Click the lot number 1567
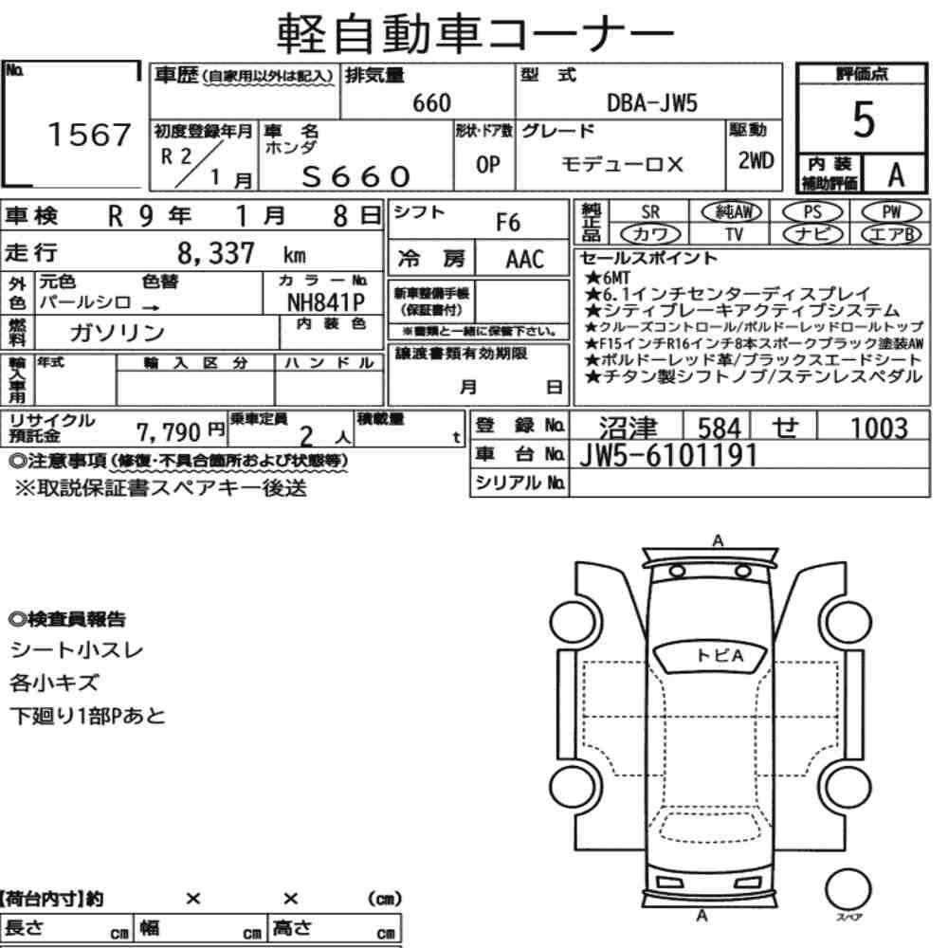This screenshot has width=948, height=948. click(x=89, y=135)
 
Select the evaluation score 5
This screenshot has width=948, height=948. click(x=863, y=119)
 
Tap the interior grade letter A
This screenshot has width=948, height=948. click(x=896, y=175)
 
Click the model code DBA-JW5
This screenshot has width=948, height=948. click(x=652, y=103)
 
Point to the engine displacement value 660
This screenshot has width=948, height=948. click(x=431, y=103)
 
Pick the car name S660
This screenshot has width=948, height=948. click(x=356, y=176)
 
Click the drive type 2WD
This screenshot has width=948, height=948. click(x=756, y=160)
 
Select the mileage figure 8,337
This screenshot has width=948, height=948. click(x=216, y=253)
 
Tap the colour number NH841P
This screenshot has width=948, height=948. click(x=325, y=301)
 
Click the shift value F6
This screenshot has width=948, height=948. click(x=508, y=223)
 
